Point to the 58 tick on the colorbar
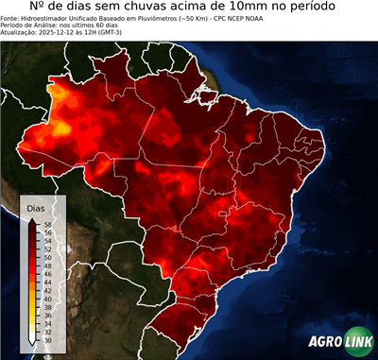pos(47,224)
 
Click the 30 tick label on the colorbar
pos(47,336)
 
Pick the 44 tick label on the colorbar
pos(47,281)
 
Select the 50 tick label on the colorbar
pos(47,256)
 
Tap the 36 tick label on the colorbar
pos(47,313)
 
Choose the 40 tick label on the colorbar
pos(47,297)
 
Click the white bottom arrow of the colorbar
pos(32,341)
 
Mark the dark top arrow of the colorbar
pos(32,219)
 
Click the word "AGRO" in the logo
pos(325,343)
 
